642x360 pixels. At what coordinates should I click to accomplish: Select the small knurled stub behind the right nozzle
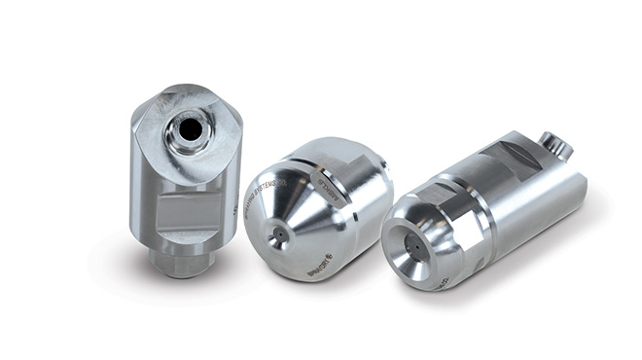pyautogui.click(x=556, y=145)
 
